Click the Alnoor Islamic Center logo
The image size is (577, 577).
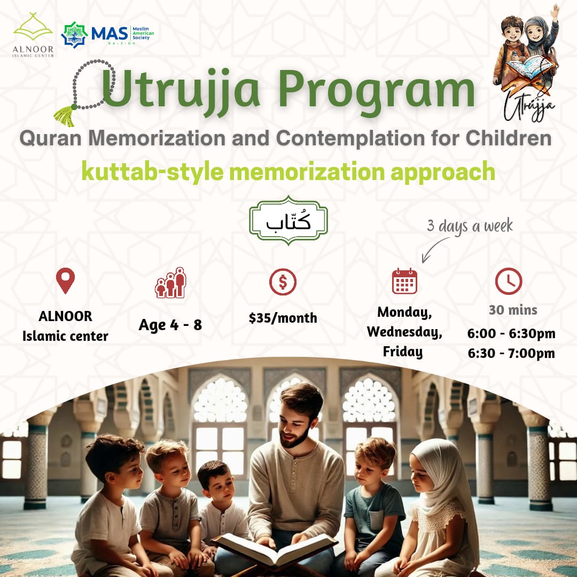click(x=33, y=35)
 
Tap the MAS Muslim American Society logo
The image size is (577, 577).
click(x=107, y=34)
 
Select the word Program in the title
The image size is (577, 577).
click(x=377, y=92)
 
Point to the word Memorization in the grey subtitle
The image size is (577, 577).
click(x=157, y=138)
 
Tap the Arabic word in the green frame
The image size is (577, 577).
click(x=288, y=221)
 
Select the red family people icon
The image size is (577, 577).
click(x=170, y=283)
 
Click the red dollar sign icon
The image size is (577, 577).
click(x=283, y=282)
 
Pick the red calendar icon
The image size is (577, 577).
click(x=404, y=282)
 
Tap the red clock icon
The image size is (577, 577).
click(x=509, y=281)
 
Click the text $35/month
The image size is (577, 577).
click(x=283, y=318)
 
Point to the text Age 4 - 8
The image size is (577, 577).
click(x=170, y=325)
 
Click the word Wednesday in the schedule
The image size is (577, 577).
click(x=404, y=332)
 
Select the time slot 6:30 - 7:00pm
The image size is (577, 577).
click(x=511, y=353)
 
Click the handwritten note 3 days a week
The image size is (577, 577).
click(x=470, y=226)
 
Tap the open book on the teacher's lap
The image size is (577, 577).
click(x=274, y=548)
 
